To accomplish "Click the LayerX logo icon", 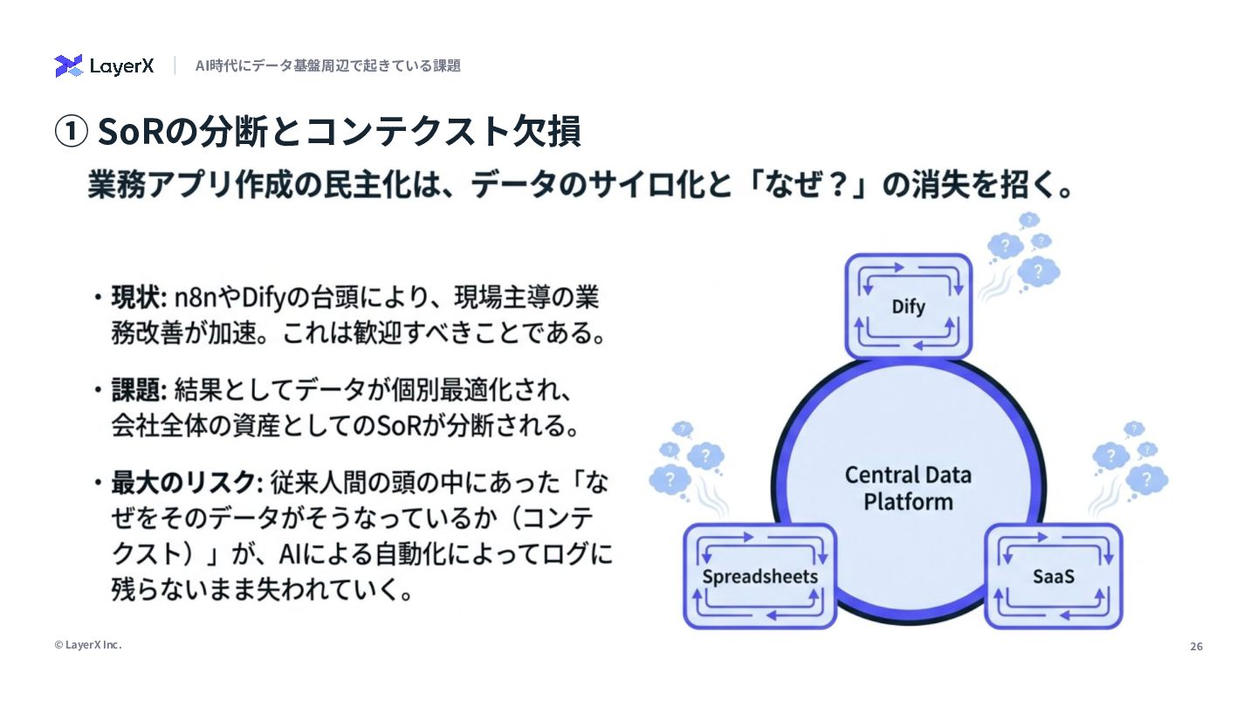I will [68, 65].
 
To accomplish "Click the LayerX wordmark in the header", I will [121, 66].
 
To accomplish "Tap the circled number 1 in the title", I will [71, 132].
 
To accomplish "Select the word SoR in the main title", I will [130, 132].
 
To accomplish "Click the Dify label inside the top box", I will [908, 306].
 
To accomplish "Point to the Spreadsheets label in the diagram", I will [759, 576].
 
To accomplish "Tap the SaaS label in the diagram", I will [1053, 576].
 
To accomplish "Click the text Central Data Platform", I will [908, 489].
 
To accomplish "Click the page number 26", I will [1196, 647].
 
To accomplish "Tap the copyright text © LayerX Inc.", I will [88, 645].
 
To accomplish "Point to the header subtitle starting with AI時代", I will [327, 65].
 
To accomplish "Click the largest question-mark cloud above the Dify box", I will [1038, 271].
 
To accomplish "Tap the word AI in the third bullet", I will [292, 554].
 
